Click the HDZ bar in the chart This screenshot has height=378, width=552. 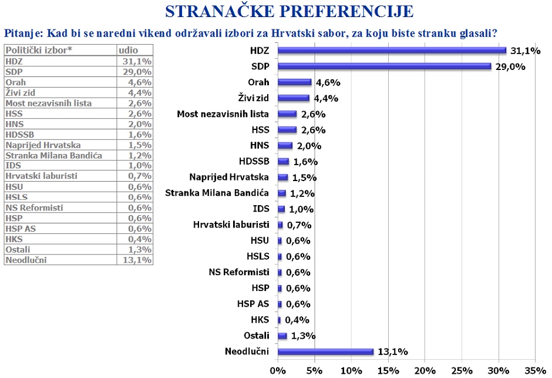click(x=391, y=51)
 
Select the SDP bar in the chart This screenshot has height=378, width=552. click(x=384, y=66)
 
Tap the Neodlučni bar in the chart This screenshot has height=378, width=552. click(x=325, y=352)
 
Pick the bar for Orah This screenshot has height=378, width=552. click(x=294, y=82)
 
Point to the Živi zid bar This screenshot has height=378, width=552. click(x=293, y=98)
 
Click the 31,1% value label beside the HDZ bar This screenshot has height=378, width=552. click(x=526, y=51)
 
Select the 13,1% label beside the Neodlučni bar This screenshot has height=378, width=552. click(x=393, y=352)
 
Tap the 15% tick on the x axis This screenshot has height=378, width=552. click(x=388, y=371)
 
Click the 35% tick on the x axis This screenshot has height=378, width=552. click(x=535, y=371)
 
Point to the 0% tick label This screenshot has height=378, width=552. click(x=277, y=371)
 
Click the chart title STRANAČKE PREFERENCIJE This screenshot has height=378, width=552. click(x=289, y=11)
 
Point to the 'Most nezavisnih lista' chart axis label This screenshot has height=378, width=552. click(x=223, y=114)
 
